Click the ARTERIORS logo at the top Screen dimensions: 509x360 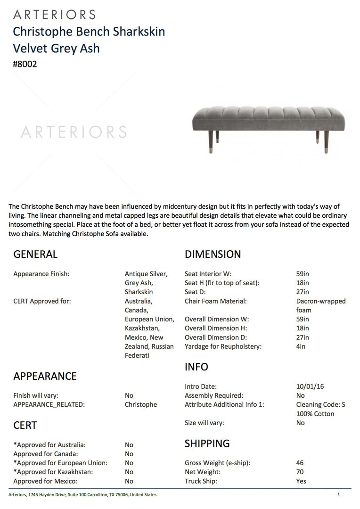54,14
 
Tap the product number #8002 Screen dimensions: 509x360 25,64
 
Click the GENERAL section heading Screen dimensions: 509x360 35,254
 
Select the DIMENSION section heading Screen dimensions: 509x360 213,254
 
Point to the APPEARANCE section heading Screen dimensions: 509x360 45,376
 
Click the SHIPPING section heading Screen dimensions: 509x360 207,443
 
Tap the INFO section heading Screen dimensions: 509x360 196,367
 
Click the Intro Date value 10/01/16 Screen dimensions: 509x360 310,386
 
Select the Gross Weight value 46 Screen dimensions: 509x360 300,463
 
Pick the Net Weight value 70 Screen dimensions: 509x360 300,472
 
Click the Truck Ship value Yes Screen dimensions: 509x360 301,481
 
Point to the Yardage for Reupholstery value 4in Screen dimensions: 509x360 301,346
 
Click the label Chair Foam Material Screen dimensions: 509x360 215,301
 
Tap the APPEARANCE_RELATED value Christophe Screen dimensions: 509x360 140,404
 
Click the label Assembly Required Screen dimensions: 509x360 213,395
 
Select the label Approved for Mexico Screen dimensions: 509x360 45,481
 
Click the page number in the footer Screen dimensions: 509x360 338,494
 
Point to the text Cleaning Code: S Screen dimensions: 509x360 320,404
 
